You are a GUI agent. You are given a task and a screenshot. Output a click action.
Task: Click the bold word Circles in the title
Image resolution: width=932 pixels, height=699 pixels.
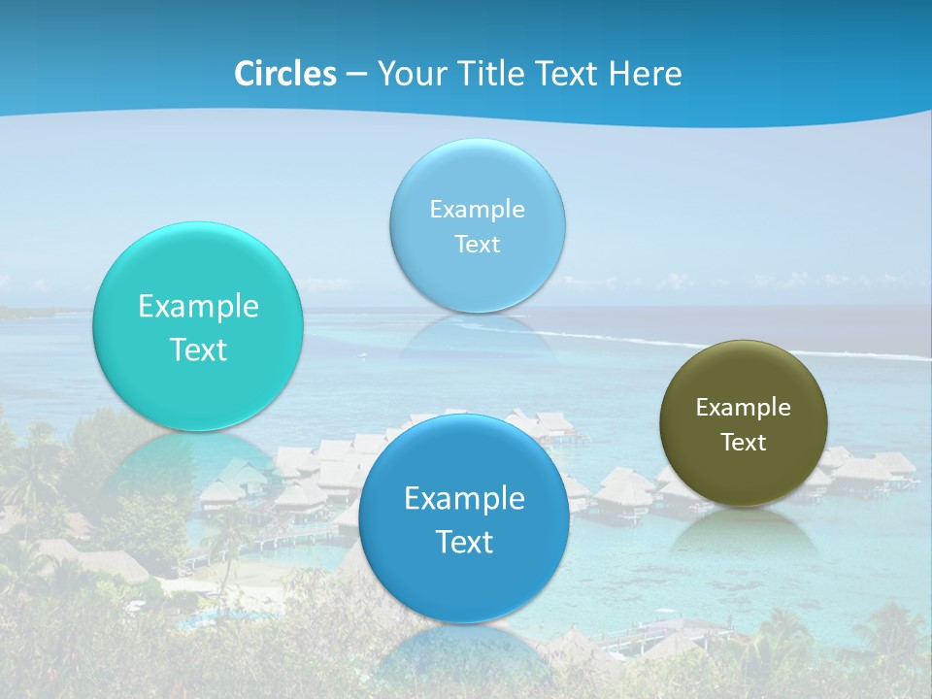[x=285, y=74]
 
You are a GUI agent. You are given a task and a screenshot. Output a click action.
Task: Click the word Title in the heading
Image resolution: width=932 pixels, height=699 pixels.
[x=488, y=74]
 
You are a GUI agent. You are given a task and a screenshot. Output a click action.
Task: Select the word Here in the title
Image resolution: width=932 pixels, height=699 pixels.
[x=646, y=74]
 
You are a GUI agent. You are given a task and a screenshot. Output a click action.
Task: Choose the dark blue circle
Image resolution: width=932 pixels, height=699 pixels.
[x=464, y=582]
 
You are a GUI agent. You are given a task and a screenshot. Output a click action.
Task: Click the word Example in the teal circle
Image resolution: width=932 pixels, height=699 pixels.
[x=198, y=307]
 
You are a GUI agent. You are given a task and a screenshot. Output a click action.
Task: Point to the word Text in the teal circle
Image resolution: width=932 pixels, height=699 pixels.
[x=198, y=349]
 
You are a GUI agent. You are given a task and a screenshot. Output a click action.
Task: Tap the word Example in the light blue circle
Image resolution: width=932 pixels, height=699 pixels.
[x=477, y=210]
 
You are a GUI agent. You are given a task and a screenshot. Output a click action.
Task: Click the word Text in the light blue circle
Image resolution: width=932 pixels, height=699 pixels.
[x=477, y=244]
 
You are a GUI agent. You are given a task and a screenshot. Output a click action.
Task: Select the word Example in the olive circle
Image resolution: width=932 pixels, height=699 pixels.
[x=743, y=408]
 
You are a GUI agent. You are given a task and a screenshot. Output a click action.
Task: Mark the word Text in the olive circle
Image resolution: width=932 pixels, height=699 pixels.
[x=743, y=443]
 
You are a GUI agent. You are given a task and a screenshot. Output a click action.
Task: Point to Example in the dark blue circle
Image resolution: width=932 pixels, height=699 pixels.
[x=464, y=499]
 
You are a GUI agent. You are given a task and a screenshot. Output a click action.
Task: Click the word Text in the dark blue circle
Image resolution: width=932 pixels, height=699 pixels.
[x=464, y=542]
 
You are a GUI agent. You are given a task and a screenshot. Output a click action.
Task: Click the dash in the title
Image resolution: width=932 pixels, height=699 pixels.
[x=356, y=75]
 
